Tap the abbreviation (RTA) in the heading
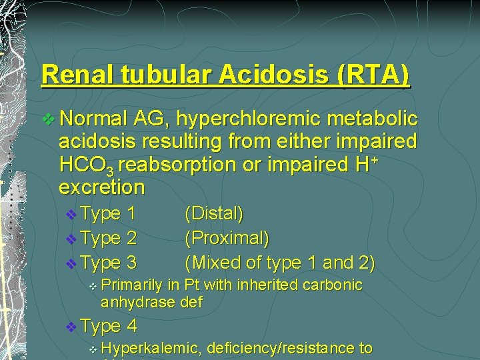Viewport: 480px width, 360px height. [x=373, y=75]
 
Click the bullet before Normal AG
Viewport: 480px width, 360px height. [x=49, y=120]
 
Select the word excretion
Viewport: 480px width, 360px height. [x=101, y=187]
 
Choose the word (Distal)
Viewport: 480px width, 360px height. [x=214, y=214]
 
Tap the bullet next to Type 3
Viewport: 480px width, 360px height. [x=72, y=264]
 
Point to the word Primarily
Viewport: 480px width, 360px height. [x=131, y=285]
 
